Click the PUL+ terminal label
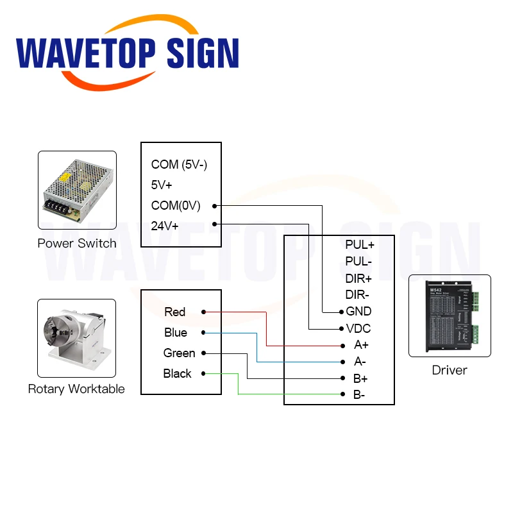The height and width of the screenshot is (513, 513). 359,244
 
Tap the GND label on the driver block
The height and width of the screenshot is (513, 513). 358,312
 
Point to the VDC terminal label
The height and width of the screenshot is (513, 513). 358,329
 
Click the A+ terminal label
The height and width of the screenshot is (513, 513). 362,345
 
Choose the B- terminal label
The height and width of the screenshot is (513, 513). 359,394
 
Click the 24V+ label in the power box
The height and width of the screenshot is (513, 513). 165,226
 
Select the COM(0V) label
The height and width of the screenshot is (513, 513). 176,206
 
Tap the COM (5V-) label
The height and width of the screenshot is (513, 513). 179,165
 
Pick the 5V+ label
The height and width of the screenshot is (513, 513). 162,185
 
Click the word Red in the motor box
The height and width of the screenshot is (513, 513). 174,312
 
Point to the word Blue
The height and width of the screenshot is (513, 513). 175,333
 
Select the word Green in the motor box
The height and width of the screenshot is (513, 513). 179,353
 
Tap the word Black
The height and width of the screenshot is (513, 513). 177,374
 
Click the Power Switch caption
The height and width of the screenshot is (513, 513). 77,243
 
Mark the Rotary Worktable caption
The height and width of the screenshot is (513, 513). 76,389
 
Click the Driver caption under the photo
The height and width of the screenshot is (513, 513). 450,370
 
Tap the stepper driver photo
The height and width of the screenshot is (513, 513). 450,316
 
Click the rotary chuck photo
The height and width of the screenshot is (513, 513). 76,338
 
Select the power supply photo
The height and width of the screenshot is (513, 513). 77,190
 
